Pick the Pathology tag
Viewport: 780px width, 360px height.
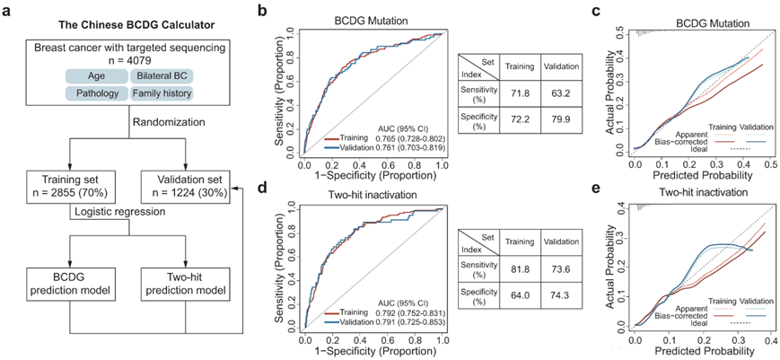[x=93, y=92]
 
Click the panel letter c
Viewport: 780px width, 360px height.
[x=613, y=12]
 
